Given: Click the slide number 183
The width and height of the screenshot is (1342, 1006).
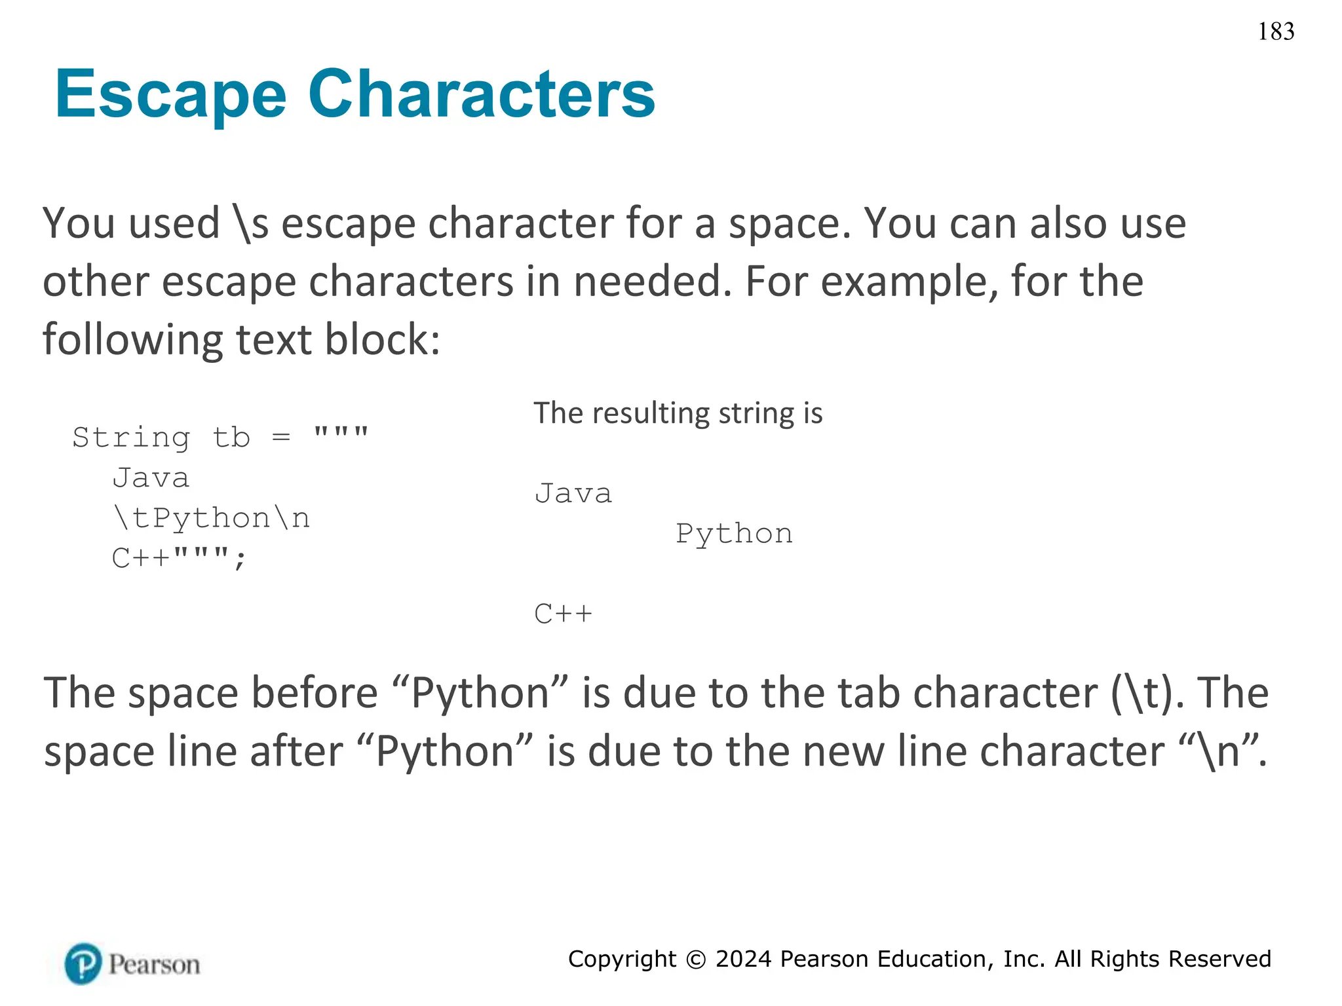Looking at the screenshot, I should [x=1276, y=31].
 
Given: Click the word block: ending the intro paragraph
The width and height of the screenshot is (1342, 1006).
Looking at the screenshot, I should [x=383, y=339].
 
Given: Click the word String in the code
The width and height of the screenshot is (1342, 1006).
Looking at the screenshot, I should [x=131, y=437].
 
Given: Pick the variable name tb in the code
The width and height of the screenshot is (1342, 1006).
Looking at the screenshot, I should [x=231, y=437].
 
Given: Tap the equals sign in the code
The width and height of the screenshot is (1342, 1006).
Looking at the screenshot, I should [x=281, y=437].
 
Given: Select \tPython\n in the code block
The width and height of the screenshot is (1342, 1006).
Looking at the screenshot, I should [x=211, y=518].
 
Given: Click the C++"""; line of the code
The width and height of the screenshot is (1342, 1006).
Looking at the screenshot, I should [x=179, y=559].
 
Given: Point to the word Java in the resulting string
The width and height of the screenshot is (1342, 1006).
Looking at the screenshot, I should [x=573, y=493].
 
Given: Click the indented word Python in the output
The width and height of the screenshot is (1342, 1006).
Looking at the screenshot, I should [x=734, y=534].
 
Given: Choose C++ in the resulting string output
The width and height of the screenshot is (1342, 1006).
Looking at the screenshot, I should [x=563, y=614].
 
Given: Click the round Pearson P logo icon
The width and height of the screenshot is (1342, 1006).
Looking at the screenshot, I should [x=83, y=963].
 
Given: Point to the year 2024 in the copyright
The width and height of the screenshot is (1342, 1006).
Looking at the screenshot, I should [x=743, y=959].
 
